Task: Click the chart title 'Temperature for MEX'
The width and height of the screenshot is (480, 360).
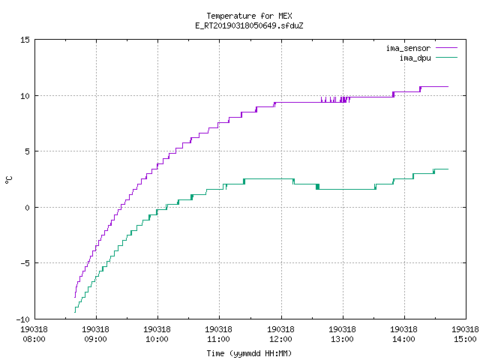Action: point(249,16)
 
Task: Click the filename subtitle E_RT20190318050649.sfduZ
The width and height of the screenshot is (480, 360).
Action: point(249,25)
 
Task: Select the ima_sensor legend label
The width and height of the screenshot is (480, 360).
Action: point(408,48)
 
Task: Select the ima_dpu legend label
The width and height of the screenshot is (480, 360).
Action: point(415,58)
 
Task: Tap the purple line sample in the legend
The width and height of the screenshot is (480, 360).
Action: point(446,48)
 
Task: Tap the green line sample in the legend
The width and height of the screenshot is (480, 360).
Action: point(446,57)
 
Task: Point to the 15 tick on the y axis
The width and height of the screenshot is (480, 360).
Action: point(25,40)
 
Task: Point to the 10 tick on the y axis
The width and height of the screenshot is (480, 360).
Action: point(25,96)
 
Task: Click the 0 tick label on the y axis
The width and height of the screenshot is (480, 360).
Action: point(27,208)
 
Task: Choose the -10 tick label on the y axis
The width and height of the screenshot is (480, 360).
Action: point(23,319)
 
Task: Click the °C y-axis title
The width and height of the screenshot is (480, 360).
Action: point(8,180)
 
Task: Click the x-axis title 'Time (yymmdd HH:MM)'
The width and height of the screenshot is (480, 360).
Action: point(249,353)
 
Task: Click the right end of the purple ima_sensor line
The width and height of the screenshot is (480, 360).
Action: point(448,87)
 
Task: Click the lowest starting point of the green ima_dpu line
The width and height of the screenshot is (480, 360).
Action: point(75,312)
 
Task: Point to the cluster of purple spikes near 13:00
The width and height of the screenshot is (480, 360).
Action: point(335,100)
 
